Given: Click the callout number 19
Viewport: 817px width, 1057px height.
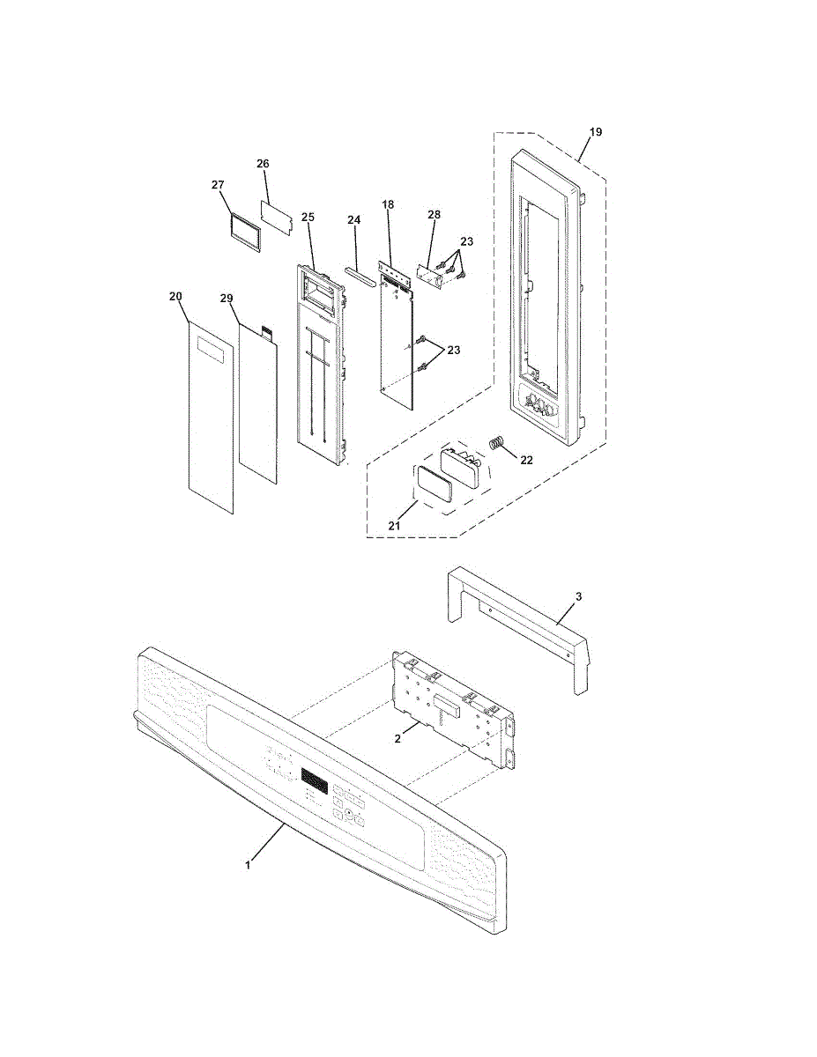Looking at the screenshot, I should (x=596, y=132).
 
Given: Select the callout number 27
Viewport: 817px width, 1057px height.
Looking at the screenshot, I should (x=219, y=185).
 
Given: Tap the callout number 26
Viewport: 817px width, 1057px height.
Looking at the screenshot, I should (x=263, y=164).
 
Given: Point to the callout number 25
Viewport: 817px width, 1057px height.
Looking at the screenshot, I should (x=308, y=217).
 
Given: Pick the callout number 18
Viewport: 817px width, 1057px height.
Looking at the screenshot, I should (x=388, y=204).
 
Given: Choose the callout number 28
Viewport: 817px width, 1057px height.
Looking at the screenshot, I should (x=434, y=215).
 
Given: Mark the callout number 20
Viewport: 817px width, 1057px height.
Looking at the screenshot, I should (x=175, y=297).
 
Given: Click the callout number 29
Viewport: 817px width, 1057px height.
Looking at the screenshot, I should (x=227, y=299).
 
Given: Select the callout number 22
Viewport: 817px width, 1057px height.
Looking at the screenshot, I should (x=526, y=460).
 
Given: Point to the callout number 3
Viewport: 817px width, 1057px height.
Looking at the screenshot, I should (x=578, y=597).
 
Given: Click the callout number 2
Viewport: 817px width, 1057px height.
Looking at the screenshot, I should (x=397, y=739).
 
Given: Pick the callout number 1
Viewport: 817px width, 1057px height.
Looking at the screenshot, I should (x=248, y=865).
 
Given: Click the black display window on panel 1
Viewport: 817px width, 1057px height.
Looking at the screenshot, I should (x=315, y=780).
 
